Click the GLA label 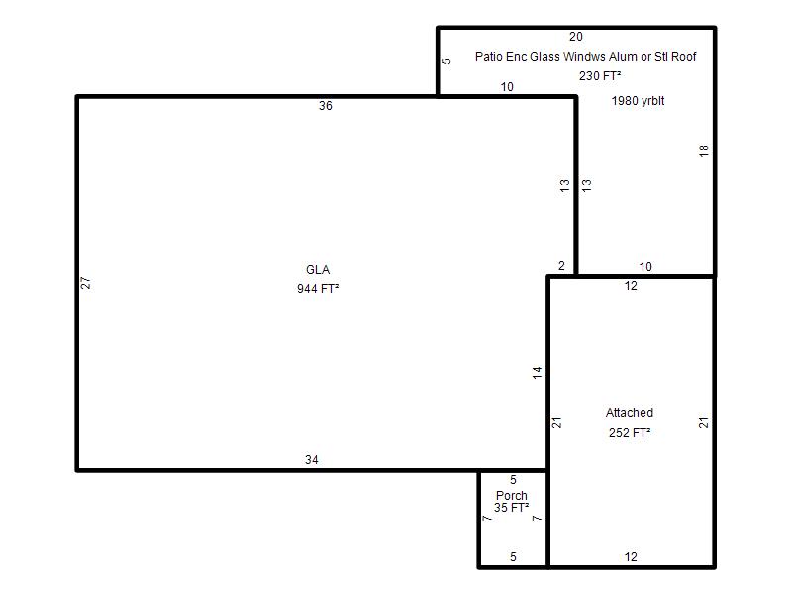tap(318, 269)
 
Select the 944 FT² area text tap(318, 288)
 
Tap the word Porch tap(512, 496)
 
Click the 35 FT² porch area tap(512, 508)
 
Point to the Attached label tap(630, 413)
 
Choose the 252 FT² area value tap(630, 433)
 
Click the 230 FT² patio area tap(600, 76)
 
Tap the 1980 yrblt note tap(638, 101)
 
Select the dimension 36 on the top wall tap(326, 106)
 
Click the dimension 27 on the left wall tap(86, 283)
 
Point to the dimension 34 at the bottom tap(312, 460)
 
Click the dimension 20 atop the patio tap(576, 37)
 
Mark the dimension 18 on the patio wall tap(704, 150)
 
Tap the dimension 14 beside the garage tap(537, 373)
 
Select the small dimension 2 tap(561, 266)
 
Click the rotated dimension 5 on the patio tap(446, 61)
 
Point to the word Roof tap(684, 57)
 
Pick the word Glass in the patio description tap(544, 57)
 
